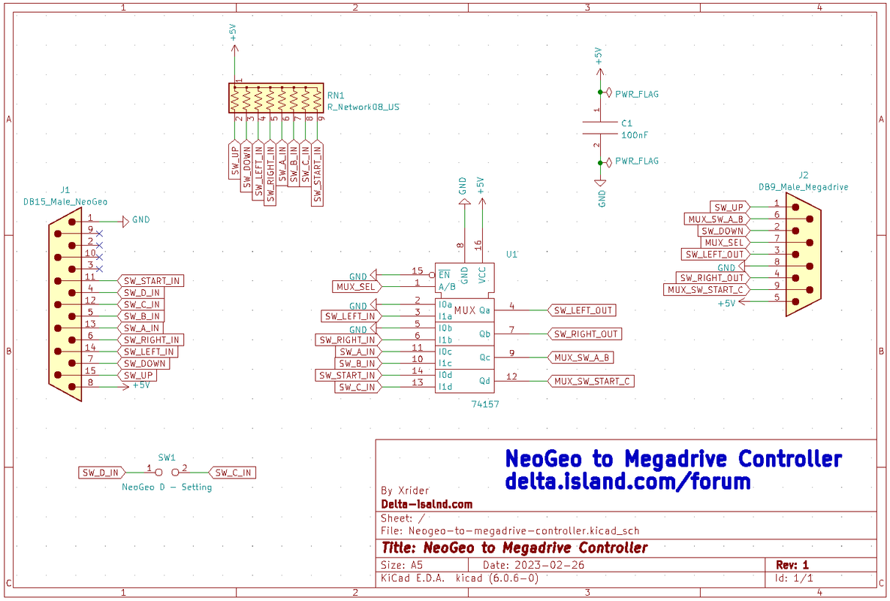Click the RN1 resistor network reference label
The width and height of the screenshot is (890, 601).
[x=336, y=95]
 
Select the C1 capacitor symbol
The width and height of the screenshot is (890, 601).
[x=600, y=128]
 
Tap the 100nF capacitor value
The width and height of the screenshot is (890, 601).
[x=635, y=135]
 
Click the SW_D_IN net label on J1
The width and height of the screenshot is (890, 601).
[x=141, y=293]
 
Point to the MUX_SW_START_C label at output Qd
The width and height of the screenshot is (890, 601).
[x=591, y=382]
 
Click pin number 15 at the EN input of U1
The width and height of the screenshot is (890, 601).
[x=417, y=271]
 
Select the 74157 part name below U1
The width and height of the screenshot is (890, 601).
[x=485, y=404]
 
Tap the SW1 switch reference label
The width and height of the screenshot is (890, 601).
[x=167, y=458]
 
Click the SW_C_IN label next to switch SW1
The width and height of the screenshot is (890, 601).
[x=233, y=473]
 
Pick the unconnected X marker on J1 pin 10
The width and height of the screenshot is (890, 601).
[x=100, y=257]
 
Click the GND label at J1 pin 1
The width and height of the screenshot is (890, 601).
[x=140, y=219]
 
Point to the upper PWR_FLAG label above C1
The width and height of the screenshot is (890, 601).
[x=637, y=94]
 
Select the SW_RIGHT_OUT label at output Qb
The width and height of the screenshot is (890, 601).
[x=584, y=334]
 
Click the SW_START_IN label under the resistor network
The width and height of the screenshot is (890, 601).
[x=317, y=174]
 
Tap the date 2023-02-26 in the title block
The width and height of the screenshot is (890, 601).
[x=549, y=565]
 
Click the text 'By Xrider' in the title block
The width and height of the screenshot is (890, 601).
[x=406, y=491]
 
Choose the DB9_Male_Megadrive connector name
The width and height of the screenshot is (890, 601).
[x=803, y=187]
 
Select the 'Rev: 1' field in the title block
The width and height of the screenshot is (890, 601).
[x=792, y=565]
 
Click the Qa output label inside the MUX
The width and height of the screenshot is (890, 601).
[x=484, y=310]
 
